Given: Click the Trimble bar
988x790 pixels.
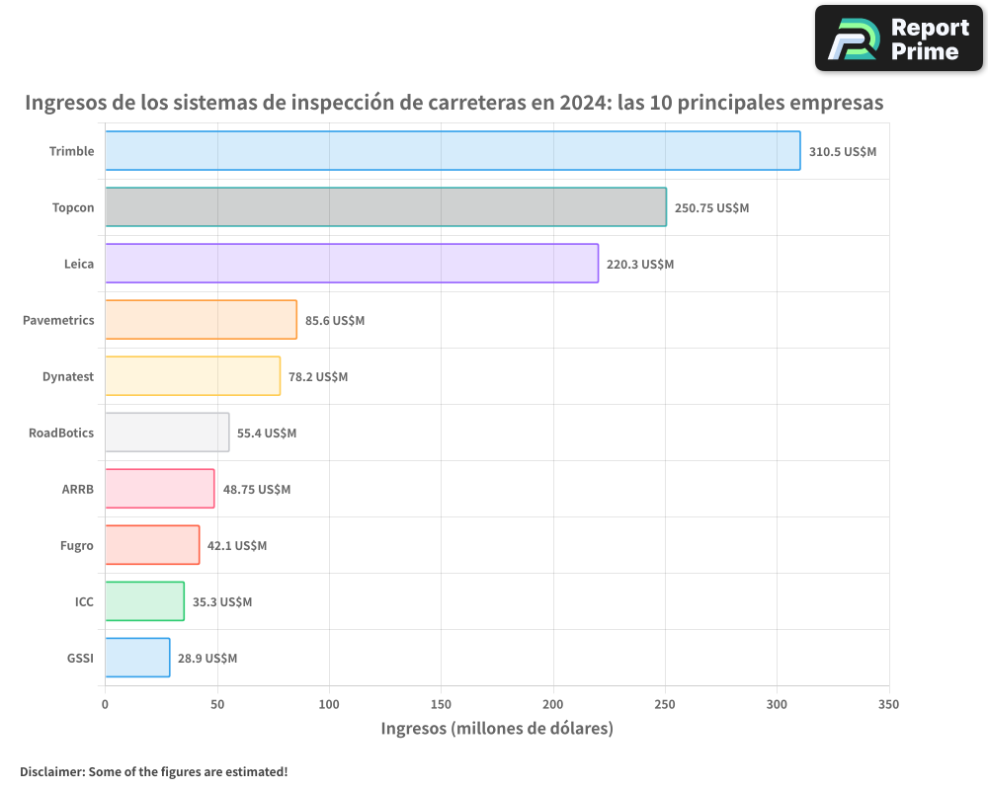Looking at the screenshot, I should pyautogui.click(x=453, y=151).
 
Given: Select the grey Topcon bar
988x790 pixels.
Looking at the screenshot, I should pyautogui.click(x=385, y=207).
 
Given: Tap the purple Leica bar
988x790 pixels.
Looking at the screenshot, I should pyautogui.click(x=352, y=264).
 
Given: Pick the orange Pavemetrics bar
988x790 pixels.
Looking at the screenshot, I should pyautogui.click(x=201, y=320).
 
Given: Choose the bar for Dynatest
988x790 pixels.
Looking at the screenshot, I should pyautogui.click(x=193, y=376).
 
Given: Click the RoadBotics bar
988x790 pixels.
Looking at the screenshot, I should pyautogui.click(x=167, y=433).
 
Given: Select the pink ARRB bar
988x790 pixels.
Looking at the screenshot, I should pyautogui.click(x=159, y=489).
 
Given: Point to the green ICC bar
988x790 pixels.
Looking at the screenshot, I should pyautogui.click(x=144, y=601).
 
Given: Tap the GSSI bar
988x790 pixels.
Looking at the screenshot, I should pyautogui.click(x=137, y=658).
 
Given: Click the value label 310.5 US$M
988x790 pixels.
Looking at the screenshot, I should pyautogui.click(x=843, y=152).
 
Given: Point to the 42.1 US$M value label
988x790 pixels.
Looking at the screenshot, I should pyautogui.click(x=237, y=546).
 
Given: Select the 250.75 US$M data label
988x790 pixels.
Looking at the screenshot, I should pyautogui.click(x=711, y=208).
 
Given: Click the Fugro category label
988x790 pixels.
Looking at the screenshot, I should pyautogui.click(x=77, y=545).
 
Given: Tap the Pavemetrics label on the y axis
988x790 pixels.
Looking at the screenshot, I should pyautogui.click(x=58, y=320).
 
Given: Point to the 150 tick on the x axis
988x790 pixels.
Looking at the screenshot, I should pyautogui.click(x=441, y=705).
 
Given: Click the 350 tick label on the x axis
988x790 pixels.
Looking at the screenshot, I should pyautogui.click(x=888, y=705).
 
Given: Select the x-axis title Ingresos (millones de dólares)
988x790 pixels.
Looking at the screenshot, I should pyautogui.click(x=497, y=729).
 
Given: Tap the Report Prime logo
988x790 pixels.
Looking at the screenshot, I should pyautogui.click(x=899, y=39).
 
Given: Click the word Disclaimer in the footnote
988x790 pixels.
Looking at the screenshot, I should pyautogui.click(x=51, y=771).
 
